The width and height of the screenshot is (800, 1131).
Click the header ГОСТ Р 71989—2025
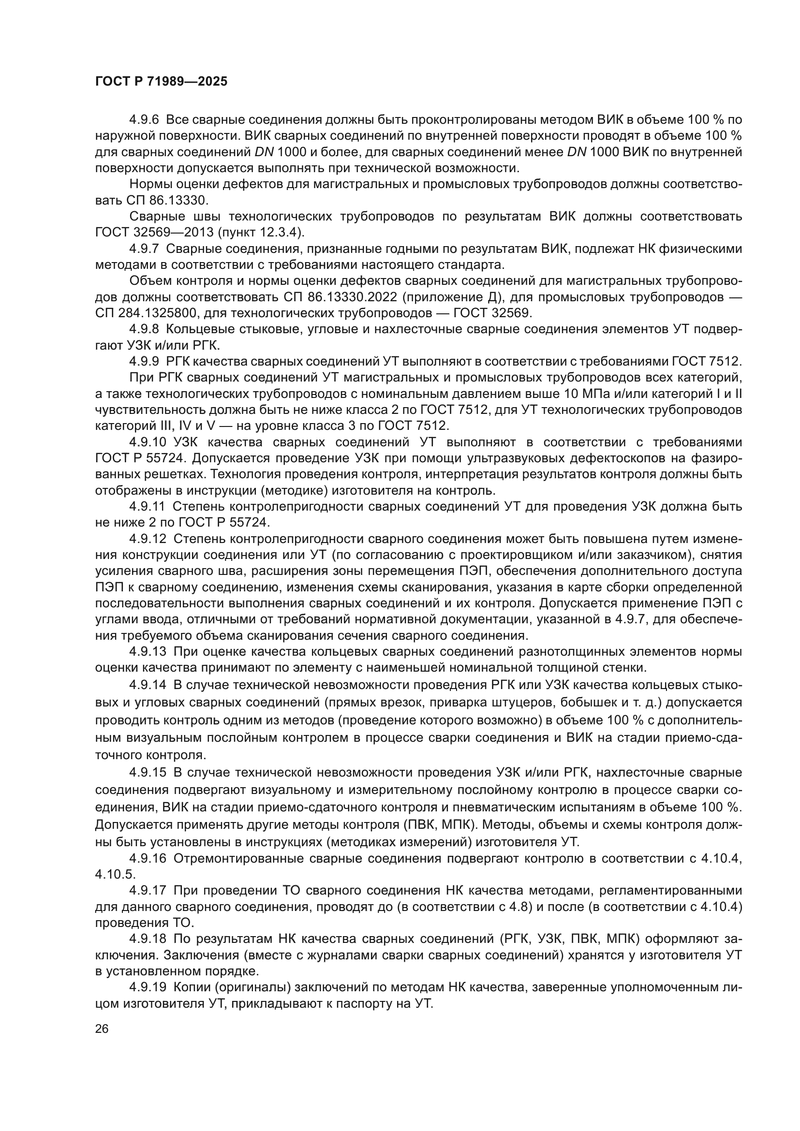161,82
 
